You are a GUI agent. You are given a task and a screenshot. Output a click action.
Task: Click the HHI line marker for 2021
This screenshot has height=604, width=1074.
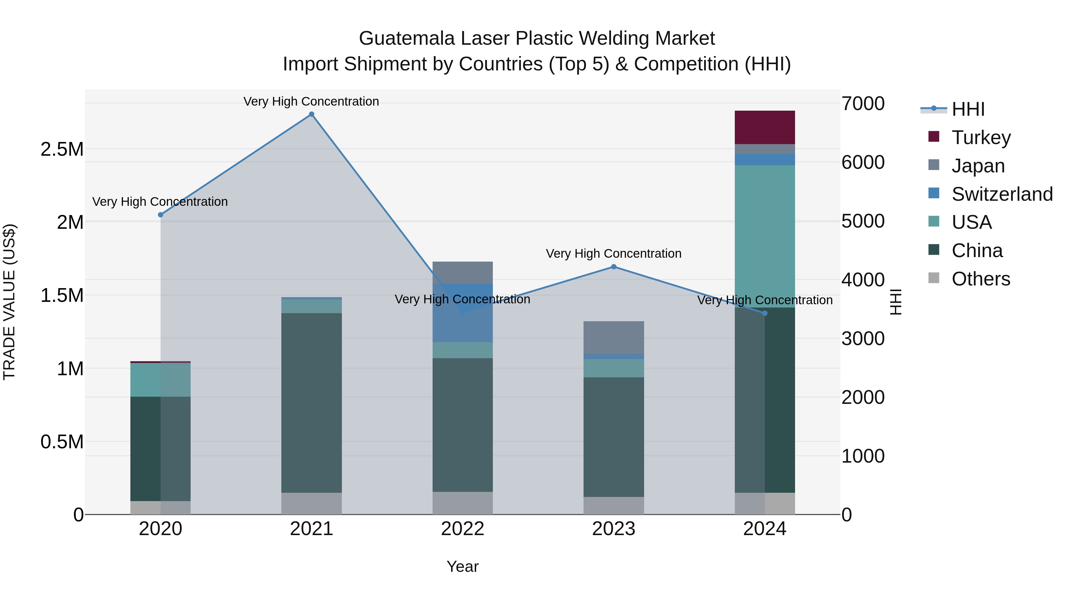(x=311, y=114)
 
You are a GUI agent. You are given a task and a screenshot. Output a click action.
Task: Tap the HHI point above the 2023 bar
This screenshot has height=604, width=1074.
(x=613, y=267)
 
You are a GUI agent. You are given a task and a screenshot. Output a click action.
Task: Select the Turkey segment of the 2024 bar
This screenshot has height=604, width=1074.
(x=765, y=127)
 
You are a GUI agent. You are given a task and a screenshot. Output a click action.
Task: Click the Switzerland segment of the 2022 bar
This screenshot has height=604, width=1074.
(x=462, y=313)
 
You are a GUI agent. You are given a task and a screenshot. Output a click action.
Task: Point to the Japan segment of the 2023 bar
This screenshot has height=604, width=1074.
(x=613, y=337)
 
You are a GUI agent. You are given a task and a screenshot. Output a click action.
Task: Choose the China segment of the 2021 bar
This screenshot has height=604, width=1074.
(x=311, y=402)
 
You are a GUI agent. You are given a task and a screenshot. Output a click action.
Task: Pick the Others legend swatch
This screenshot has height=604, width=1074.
(x=934, y=278)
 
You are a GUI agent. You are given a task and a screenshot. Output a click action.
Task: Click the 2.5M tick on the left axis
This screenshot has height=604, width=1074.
(x=62, y=149)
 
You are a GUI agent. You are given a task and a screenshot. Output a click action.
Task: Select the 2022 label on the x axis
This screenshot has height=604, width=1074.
(x=462, y=529)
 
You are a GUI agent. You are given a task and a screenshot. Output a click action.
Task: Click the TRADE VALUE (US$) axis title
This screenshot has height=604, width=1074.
(x=10, y=302)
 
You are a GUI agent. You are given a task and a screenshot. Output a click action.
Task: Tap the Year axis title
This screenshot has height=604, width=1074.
(x=462, y=566)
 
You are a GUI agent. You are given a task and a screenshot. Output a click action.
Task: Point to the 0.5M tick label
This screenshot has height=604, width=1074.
(x=62, y=442)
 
